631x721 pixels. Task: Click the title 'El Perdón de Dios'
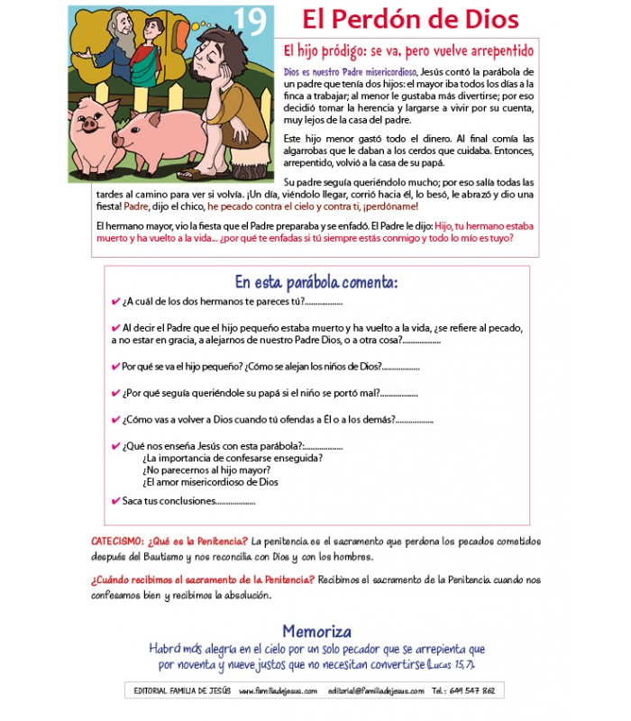click(x=410, y=20)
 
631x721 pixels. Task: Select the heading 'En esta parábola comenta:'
click(x=315, y=282)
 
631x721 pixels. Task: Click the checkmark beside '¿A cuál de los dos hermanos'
click(x=115, y=302)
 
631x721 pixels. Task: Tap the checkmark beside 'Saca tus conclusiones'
click(x=115, y=501)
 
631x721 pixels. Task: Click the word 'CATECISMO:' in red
click(x=116, y=541)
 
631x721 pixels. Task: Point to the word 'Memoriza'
click(x=316, y=632)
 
